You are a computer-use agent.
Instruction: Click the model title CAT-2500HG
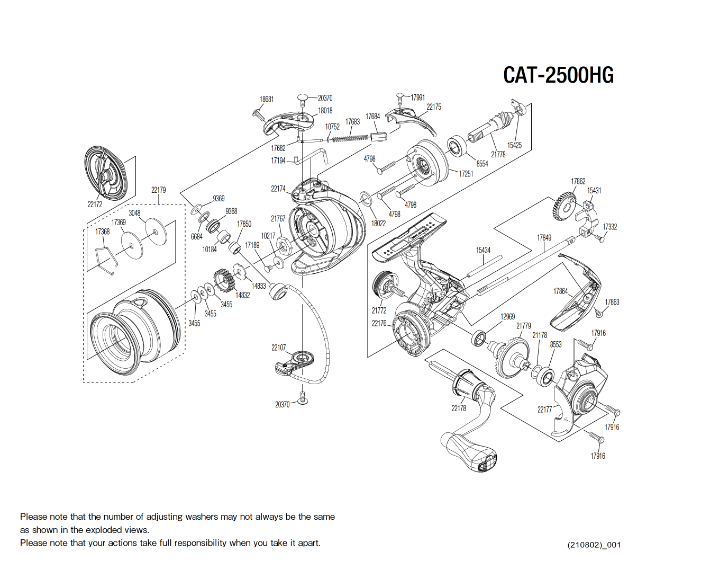(558, 75)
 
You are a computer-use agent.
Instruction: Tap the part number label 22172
(95, 205)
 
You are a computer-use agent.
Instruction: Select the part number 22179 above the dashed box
(158, 190)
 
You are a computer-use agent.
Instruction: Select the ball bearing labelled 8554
(456, 146)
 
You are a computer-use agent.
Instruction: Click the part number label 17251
(466, 174)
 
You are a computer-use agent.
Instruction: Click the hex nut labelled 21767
(283, 246)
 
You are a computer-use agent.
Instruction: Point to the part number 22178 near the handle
(459, 408)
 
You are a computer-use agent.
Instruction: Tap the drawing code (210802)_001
(594, 545)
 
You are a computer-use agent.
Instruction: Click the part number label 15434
(483, 250)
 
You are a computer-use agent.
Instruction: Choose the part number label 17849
(544, 238)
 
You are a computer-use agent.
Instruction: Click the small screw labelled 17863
(598, 313)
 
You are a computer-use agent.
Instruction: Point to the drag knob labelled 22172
(106, 171)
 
